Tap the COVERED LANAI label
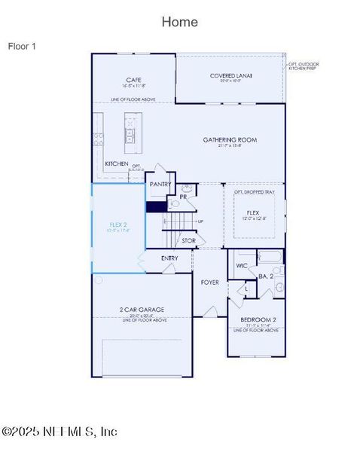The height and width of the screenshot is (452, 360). [x=231, y=75]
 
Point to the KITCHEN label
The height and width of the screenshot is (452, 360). [x=116, y=163]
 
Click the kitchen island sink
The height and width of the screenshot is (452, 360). [x=130, y=136]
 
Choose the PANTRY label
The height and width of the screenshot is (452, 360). [x=160, y=184]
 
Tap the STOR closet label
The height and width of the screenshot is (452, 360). [x=188, y=241]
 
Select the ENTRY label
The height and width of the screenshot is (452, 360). [x=170, y=258]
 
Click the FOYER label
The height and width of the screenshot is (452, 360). [x=209, y=282]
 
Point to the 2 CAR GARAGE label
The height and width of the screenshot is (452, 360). [x=142, y=310]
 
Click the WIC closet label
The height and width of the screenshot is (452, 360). [x=242, y=266]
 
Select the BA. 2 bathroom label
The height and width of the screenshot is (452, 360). [x=266, y=276]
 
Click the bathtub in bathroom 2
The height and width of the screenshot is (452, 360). [x=270, y=258]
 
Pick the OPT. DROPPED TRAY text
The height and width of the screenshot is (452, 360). [x=254, y=192]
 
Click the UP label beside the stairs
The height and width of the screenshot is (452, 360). [x=200, y=221]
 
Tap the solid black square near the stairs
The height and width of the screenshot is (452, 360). [x=156, y=206]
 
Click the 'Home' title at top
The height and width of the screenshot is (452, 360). [x=180, y=22]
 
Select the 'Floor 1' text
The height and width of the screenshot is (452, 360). [x=22, y=46]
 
